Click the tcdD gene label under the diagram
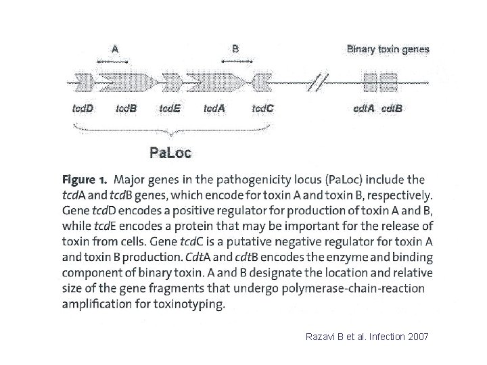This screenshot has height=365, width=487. click(x=83, y=108)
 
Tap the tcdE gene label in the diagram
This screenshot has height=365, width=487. click(x=170, y=108)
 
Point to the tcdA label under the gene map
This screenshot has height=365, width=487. click(x=216, y=108)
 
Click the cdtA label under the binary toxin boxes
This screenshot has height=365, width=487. click(x=365, y=108)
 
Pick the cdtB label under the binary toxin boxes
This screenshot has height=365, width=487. click(x=392, y=108)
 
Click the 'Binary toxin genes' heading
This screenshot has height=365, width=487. click(x=388, y=49)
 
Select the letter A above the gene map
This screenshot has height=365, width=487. click(x=116, y=49)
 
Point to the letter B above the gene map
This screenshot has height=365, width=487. click(x=235, y=49)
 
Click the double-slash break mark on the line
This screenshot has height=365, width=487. click(x=317, y=83)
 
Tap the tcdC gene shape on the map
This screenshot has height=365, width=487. click(x=262, y=83)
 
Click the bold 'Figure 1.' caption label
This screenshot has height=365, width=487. click(x=85, y=181)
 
